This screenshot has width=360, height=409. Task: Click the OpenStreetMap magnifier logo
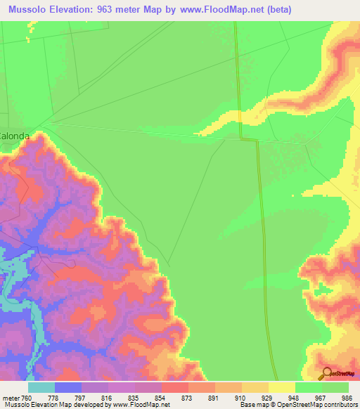point(326,374)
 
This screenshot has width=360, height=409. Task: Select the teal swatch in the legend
point(41,387)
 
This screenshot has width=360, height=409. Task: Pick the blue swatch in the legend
point(67,387)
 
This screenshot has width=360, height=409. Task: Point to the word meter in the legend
point(11,398)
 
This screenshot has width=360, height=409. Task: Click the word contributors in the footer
point(340,405)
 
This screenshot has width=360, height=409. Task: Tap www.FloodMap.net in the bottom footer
point(146,405)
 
